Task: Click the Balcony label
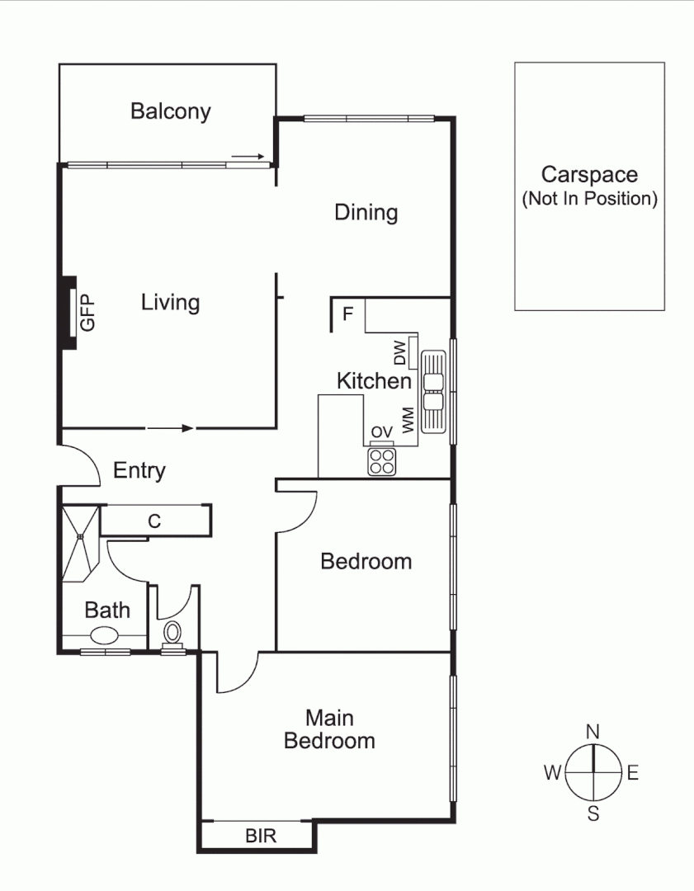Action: point(170,111)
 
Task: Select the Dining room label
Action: point(366,213)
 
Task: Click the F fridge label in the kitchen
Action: point(347,313)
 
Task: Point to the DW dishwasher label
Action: point(399,353)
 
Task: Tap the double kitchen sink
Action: point(433,392)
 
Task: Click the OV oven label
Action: point(380,432)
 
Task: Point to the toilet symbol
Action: point(172,634)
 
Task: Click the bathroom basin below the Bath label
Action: point(104,636)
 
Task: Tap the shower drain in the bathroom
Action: point(80,537)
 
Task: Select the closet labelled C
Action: point(153,521)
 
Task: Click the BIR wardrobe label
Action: point(261,836)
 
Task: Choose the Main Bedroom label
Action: point(329,729)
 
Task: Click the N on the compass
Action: point(592,731)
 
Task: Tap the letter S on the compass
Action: point(592,814)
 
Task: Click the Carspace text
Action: point(589,175)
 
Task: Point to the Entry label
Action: point(139,471)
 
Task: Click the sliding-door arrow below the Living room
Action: point(170,428)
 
